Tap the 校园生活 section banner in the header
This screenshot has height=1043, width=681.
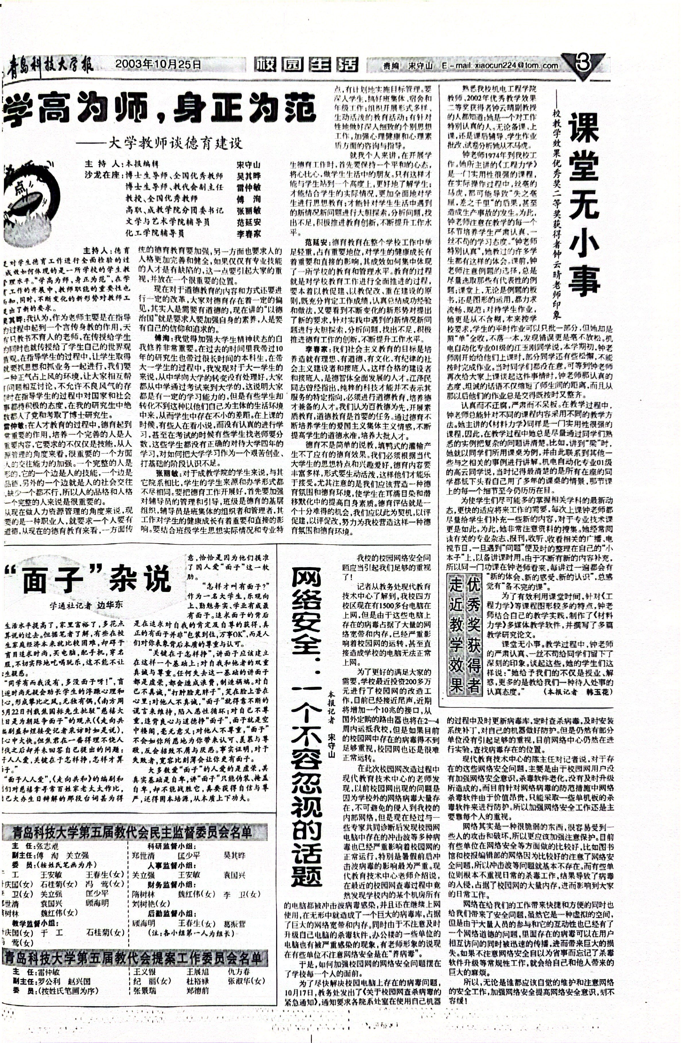coord(306,65)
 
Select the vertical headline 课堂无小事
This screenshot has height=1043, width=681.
coord(584,203)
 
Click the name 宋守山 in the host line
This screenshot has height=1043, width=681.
coord(248,165)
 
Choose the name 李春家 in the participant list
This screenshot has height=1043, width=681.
coord(248,233)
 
